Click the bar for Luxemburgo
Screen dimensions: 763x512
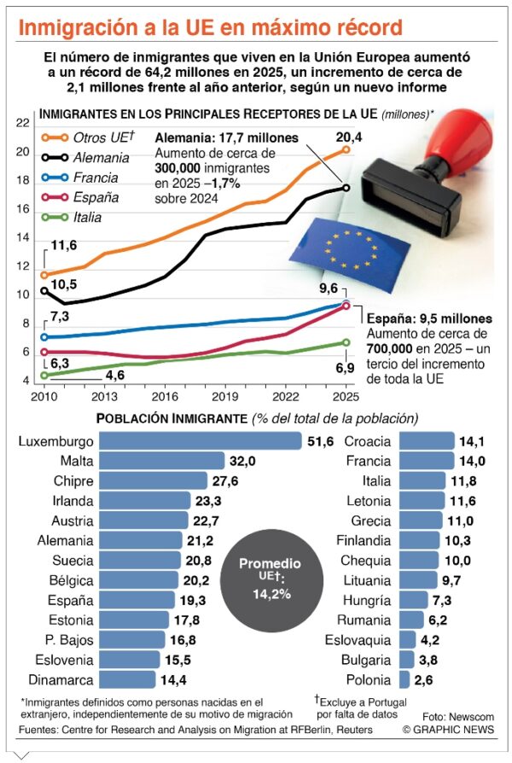point(201,440)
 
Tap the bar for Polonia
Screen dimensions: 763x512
point(404,680)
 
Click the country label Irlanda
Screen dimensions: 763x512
point(72,500)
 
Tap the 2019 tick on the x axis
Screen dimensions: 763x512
point(224,397)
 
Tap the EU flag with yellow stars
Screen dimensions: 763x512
point(336,247)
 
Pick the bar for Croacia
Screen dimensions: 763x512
point(426,440)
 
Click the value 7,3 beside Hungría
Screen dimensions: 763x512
point(443,600)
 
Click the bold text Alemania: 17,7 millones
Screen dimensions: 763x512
point(226,137)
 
